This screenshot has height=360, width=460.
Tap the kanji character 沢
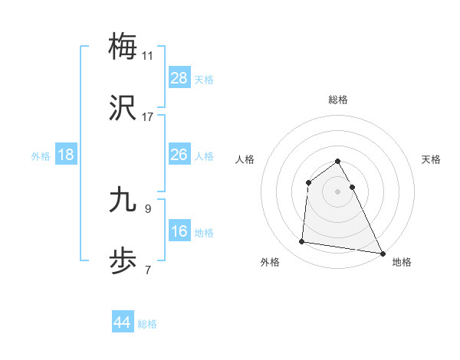click(123, 107)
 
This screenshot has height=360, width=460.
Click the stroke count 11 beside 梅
click(148, 55)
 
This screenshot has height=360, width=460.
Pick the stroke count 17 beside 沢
click(148, 117)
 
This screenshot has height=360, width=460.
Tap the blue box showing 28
click(179, 78)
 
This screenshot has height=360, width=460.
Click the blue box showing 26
click(179, 155)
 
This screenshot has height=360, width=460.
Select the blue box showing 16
click(179, 231)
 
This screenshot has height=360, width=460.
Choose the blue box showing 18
click(66, 155)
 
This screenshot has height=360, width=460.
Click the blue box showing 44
click(123, 322)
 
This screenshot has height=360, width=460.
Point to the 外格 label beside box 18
click(41, 156)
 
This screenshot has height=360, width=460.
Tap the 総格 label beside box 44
click(147, 324)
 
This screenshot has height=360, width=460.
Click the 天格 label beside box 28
click(204, 80)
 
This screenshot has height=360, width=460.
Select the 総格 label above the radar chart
click(338, 100)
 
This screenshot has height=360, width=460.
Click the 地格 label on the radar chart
click(402, 262)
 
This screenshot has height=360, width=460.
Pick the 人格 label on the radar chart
click(245, 159)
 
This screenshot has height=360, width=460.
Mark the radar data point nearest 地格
click(383, 252)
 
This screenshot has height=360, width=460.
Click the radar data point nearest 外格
click(302, 242)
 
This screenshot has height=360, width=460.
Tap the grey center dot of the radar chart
click(338, 191)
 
